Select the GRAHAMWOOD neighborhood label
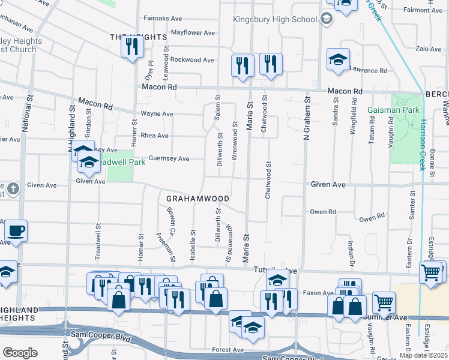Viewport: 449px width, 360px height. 198,199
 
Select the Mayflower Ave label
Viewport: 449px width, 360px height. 193,32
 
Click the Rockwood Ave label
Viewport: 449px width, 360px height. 192,60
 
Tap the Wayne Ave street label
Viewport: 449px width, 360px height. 157,113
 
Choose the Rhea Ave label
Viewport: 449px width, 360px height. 154,136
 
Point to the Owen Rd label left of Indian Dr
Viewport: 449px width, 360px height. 322,212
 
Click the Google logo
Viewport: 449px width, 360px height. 20,353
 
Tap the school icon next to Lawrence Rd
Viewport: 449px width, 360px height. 338,59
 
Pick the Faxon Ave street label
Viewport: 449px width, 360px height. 321,293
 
